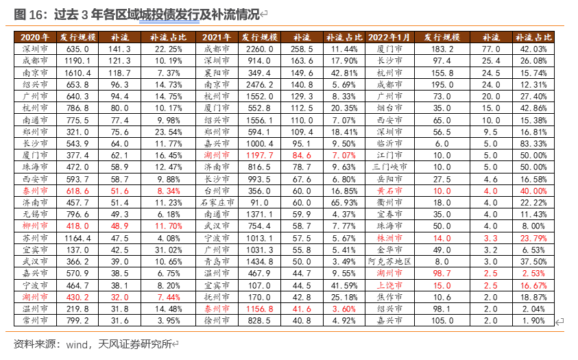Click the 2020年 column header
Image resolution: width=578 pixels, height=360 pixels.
[x=34, y=37]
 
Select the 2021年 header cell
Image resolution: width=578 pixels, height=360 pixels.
[x=217, y=37]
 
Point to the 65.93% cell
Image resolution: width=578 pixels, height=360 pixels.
[x=341, y=202]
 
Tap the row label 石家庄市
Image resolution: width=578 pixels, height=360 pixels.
[x=217, y=202]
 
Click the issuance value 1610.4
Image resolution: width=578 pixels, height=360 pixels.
[x=78, y=72]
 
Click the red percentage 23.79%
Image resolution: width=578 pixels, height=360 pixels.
[x=534, y=237]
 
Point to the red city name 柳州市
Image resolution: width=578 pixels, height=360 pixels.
[x=34, y=226]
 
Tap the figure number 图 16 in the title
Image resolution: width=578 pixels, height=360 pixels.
[x=28, y=14]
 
